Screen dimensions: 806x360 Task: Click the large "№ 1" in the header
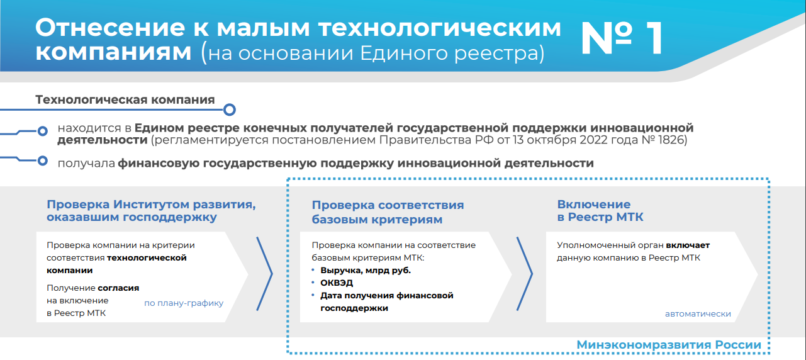(x=622, y=38)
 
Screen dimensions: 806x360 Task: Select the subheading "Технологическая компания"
(x=125, y=99)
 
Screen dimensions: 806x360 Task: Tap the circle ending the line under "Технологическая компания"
(x=229, y=110)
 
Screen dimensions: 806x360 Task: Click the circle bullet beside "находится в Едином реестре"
(x=42, y=132)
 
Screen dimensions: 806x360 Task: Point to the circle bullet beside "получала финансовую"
(x=42, y=160)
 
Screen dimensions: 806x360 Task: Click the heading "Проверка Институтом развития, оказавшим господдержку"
(x=151, y=211)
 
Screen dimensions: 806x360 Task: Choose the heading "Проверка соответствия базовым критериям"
(x=388, y=212)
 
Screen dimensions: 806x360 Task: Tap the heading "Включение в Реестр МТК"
(x=600, y=211)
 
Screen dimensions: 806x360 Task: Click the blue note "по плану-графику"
(x=184, y=303)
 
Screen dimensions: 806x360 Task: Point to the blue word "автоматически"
(x=698, y=314)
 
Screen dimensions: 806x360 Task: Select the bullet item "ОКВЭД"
(x=337, y=283)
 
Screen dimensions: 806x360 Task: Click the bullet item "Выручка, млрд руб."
(x=366, y=271)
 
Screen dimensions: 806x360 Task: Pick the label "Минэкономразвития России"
(x=669, y=344)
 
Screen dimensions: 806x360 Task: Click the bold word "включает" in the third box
(x=688, y=245)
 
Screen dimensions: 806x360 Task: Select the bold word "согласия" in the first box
(x=118, y=288)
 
